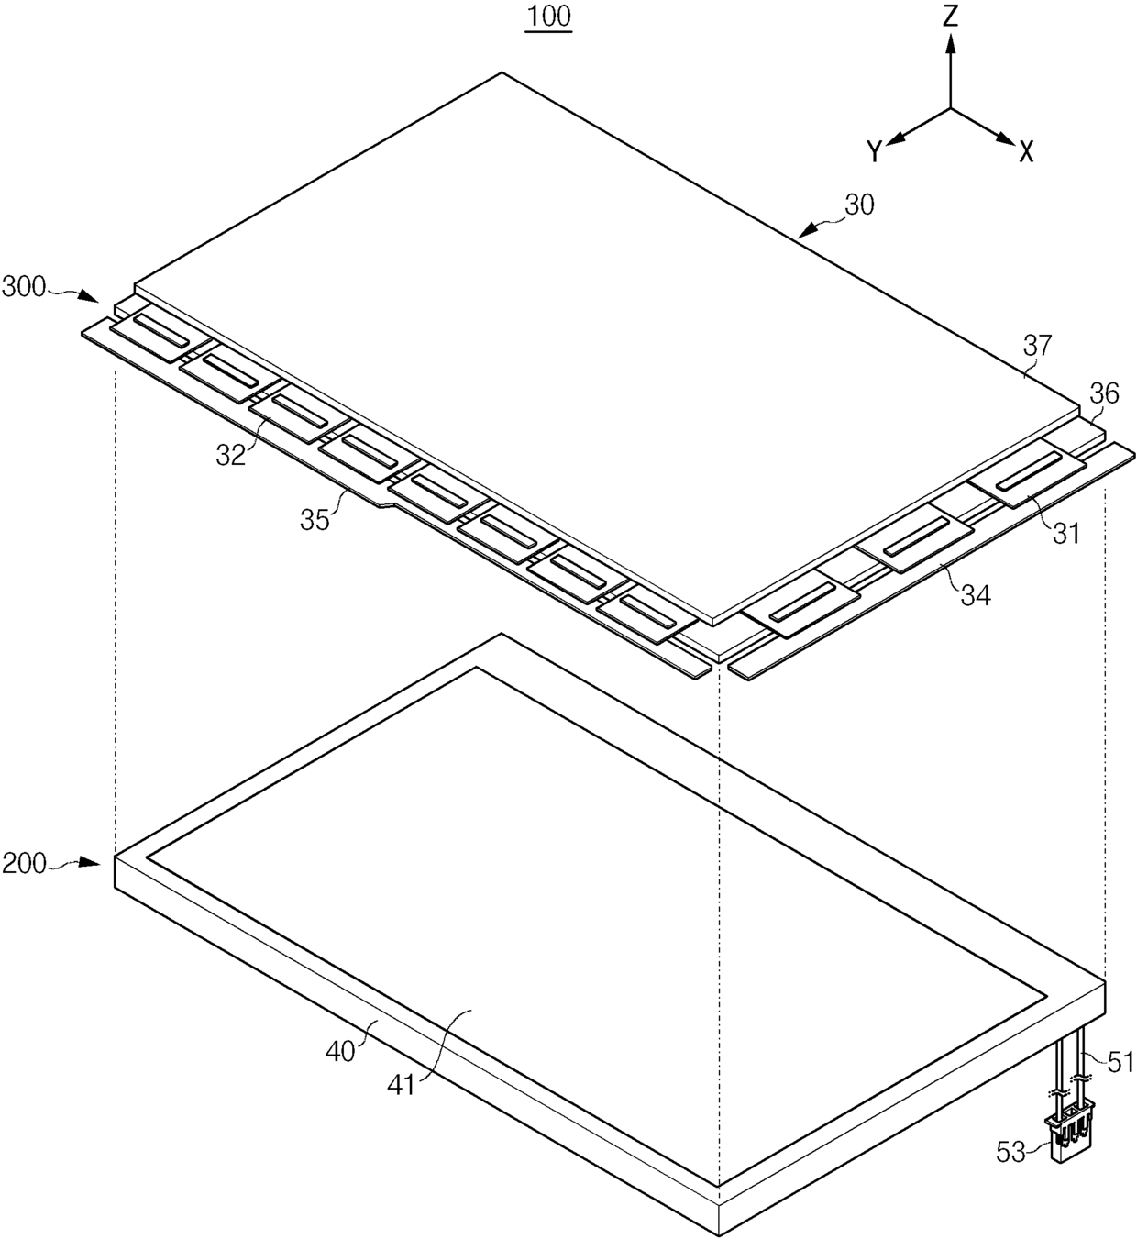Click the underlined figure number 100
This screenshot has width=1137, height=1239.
(548, 17)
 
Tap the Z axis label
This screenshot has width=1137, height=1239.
(951, 16)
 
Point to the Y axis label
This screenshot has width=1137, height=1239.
(875, 151)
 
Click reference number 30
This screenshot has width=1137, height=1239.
(859, 205)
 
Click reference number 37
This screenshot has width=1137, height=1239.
(1039, 346)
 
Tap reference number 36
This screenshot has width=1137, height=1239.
(1103, 393)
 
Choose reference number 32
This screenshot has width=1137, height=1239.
(231, 454)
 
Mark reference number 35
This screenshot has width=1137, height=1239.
(315, 520)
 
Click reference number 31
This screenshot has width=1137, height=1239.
(1066, 532)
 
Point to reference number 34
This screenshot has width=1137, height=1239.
(975, 595)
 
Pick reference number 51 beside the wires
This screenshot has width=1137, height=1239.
(1120, 1063)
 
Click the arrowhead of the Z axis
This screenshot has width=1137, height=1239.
(951, 42)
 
